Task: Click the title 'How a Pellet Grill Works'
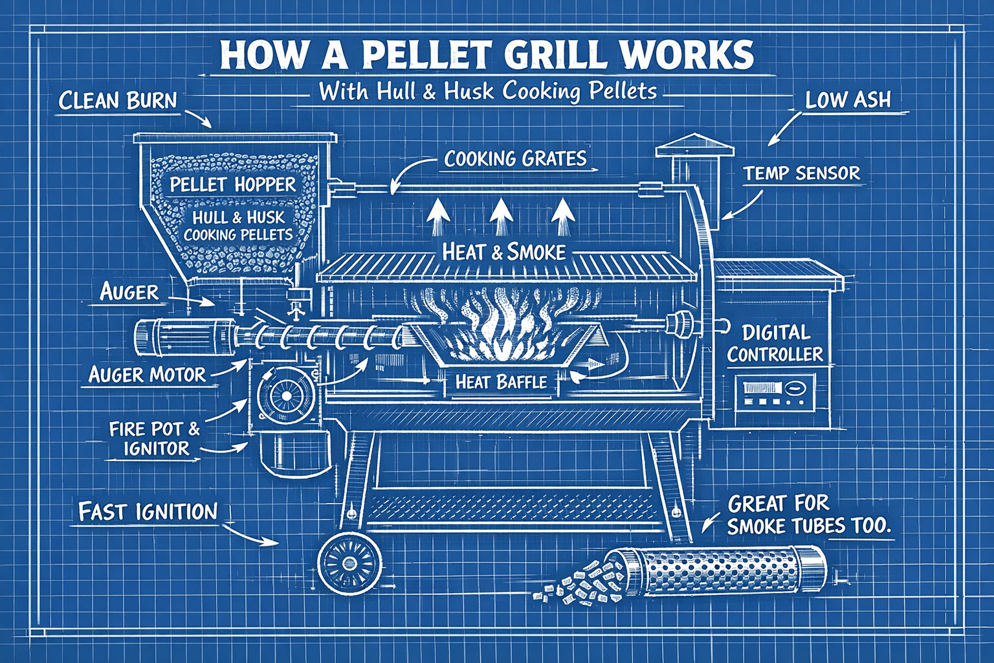(x=487, y=55)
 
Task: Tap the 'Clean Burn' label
(x=118, y=100)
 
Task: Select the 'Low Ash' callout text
(x=848, y=100)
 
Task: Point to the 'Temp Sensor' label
(x=802, y=173)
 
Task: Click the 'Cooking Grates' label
(x=516, y=159)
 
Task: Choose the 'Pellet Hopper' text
(x=232, y=185)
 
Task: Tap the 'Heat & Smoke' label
(x=503, y=251)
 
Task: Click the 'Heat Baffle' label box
(x=501, y=382)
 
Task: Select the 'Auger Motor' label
(x=147, y=374)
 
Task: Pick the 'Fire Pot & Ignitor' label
(x=155, y=438)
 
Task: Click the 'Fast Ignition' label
(x=148, y=512)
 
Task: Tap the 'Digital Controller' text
(x=775, y=343)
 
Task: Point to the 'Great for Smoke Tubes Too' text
(x=809, y=515)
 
